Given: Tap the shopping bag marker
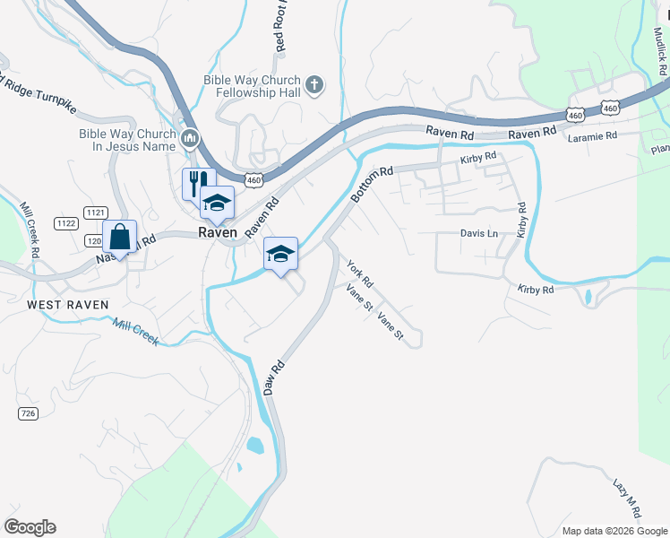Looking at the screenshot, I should (119, 238).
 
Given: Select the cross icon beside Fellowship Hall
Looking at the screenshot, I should (314, 85).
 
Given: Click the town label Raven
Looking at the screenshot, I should (218, 232).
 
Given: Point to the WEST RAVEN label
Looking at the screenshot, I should (68, 305).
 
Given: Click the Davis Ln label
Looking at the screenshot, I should (478, 233).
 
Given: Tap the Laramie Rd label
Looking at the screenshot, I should (592, 136).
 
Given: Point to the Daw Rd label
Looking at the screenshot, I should (274, 378).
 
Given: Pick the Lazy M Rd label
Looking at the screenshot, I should (626, 499).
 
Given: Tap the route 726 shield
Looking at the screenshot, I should (27, 412).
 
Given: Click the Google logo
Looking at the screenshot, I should (30, 527).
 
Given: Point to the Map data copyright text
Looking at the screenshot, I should (614, 531).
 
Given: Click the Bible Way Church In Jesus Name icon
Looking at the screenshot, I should (189, 138).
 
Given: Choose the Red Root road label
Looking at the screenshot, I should (280, 27).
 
